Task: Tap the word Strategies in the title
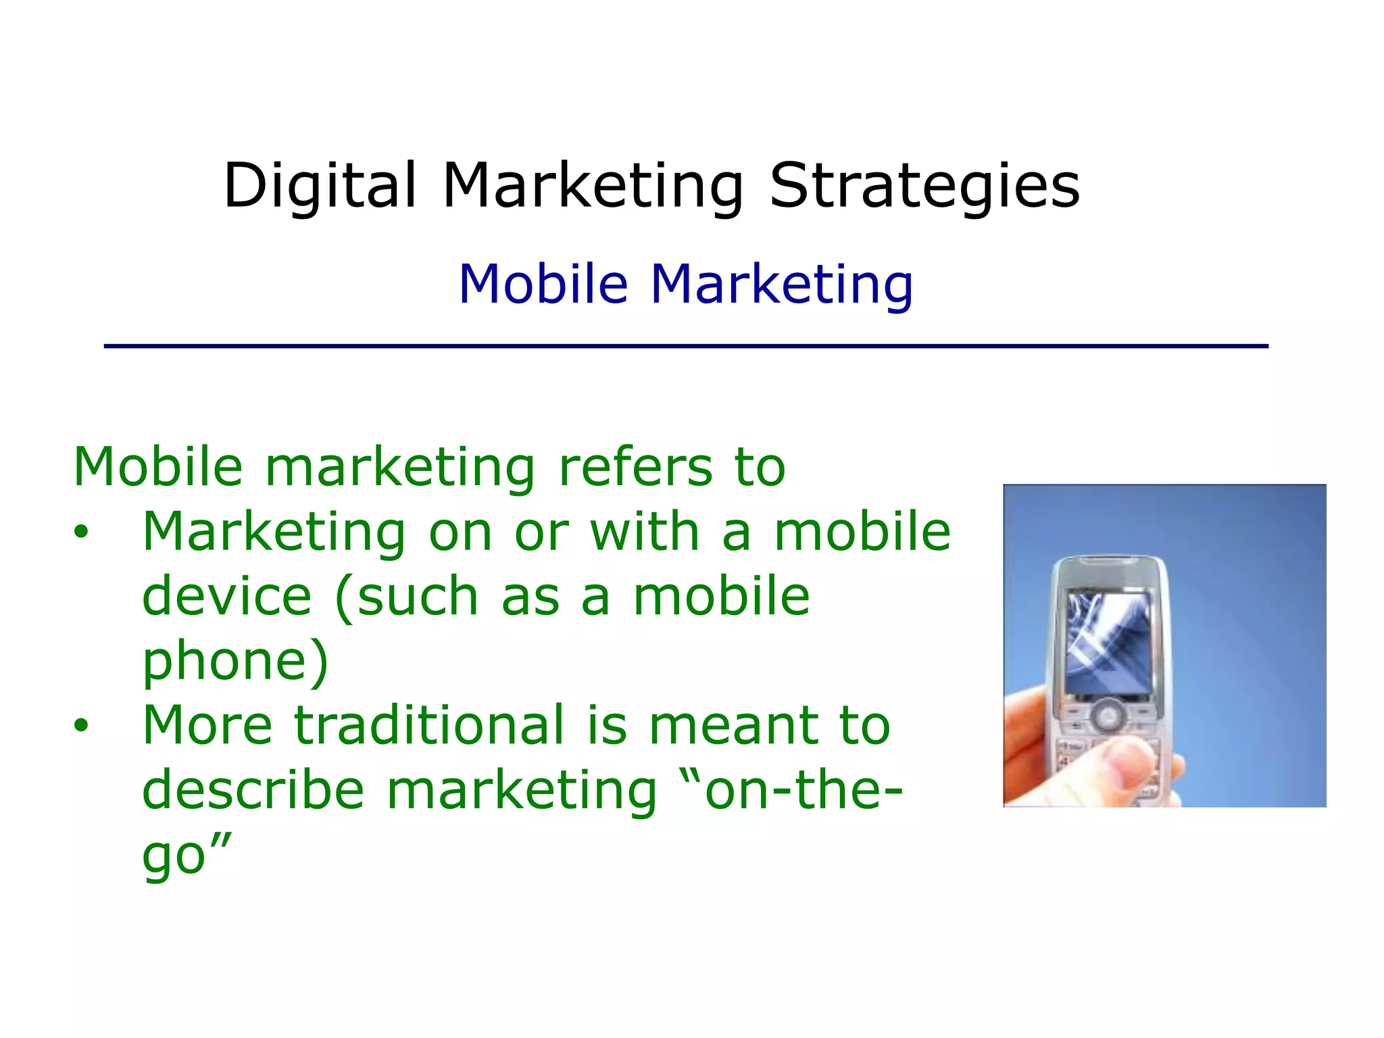tap(924, 186)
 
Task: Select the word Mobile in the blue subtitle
tap(543, 284)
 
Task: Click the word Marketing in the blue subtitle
tap(781, 285)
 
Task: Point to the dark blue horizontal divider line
tap(685, 346)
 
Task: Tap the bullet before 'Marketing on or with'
tap(81, 532)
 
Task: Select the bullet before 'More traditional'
tap(81, 726)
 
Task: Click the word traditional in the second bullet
tap(429, 724)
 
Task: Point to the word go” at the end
tap(187, 855)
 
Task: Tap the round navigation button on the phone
tap(1108, 714)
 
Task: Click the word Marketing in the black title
tap(593, 186)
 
